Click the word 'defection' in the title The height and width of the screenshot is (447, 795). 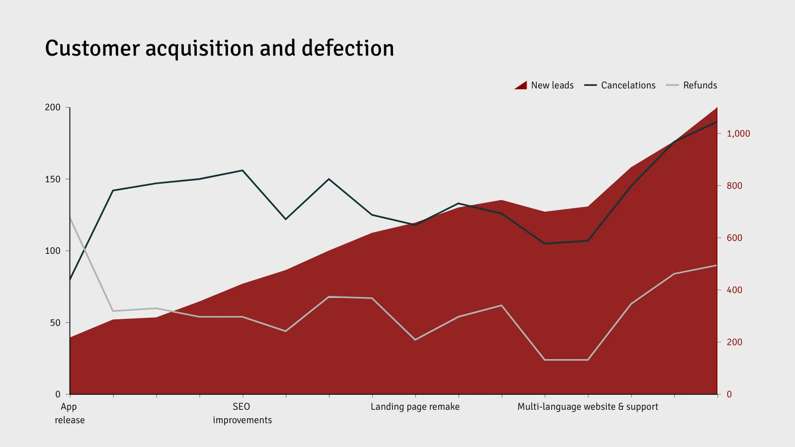[347, 48]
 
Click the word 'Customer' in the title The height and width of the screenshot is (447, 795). [92, 48]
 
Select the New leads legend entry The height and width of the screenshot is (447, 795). [544, 85]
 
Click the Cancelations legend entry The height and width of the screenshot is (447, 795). [620, 85]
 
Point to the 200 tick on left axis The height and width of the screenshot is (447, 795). [53, 107]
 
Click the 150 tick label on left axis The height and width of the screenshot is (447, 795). [53, 179]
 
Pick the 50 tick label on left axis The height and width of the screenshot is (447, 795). [55, 323]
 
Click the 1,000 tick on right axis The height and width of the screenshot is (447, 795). [738, 133]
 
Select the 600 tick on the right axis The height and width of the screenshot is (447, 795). [734, 238]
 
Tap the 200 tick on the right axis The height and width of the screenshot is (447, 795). [734, 342]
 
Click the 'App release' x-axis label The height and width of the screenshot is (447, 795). [69, 413]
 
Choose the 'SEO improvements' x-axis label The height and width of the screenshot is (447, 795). [242, 413]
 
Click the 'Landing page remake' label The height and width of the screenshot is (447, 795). [415, 406]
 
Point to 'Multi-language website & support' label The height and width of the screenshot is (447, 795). [587, 406]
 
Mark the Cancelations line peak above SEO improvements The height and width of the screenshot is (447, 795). [243, 171]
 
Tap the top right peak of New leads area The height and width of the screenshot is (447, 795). [716, 108]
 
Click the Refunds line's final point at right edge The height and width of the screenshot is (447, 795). [716, 265]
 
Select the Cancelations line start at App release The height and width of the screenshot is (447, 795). [70, 279]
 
